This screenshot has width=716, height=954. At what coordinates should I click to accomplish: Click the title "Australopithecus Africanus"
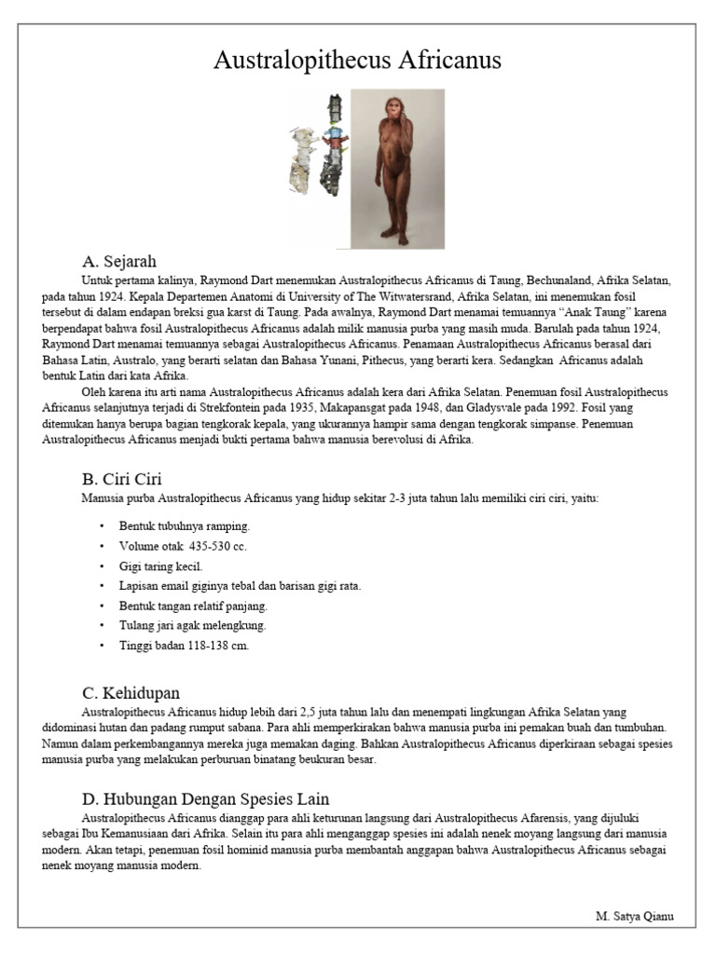click(x=357, y=61)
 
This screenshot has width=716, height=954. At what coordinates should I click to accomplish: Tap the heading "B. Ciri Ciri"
click(x=122, y=480)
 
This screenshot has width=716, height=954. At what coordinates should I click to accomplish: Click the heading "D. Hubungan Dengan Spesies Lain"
click(x=205, y=799)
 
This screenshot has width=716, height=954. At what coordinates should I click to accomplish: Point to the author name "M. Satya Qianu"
click(x=633, y=916)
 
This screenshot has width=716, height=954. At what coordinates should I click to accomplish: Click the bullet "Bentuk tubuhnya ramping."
click(x=184, y=525)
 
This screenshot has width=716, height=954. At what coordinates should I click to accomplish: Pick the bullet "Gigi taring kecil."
click(x=160, y=566)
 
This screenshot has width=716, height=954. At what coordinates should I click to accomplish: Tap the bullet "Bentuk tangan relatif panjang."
click(x=193, y=606)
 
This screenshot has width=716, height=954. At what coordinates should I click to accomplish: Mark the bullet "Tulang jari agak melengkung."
click(x=192, y=625)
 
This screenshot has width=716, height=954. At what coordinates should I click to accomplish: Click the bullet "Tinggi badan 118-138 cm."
click(x=184, y=645)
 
